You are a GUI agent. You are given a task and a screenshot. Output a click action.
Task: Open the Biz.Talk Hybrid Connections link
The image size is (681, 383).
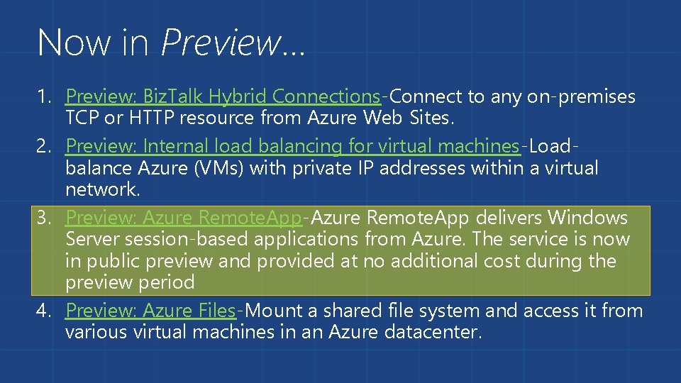tap(223, 96)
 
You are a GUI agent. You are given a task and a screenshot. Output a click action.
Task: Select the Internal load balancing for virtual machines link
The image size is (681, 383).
tap(292, 146)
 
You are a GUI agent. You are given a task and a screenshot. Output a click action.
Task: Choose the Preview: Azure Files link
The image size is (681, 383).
tap(150, 311)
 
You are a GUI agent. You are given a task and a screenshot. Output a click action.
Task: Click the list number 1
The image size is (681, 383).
tap(44, 96)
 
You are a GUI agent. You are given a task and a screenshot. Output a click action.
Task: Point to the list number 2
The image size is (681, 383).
tap(44, 147)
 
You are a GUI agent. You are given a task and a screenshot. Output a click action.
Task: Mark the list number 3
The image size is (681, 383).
tap(44, 218)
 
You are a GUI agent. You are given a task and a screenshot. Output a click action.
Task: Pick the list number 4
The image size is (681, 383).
tap(44, 311)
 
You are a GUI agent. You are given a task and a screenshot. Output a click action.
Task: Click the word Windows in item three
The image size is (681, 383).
tap(588, 217)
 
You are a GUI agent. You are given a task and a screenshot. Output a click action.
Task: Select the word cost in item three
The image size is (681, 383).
tap(502, 261)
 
